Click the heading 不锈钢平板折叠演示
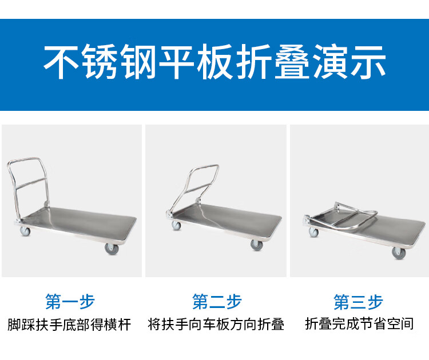(x=214, y=62)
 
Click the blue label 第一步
(x=70, y=302)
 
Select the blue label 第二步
(x=217, y=302)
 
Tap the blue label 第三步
(x=358, y=302)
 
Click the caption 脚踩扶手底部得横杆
(x=69, y=325)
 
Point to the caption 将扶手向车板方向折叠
(x=216, y=325)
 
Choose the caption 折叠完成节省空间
(x=359, y=324)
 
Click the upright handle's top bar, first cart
(x=25, y=159)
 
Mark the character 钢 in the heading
(x=138, y=62)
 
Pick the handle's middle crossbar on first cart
(x=31, y=183)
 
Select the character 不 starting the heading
(x=61, y=62)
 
